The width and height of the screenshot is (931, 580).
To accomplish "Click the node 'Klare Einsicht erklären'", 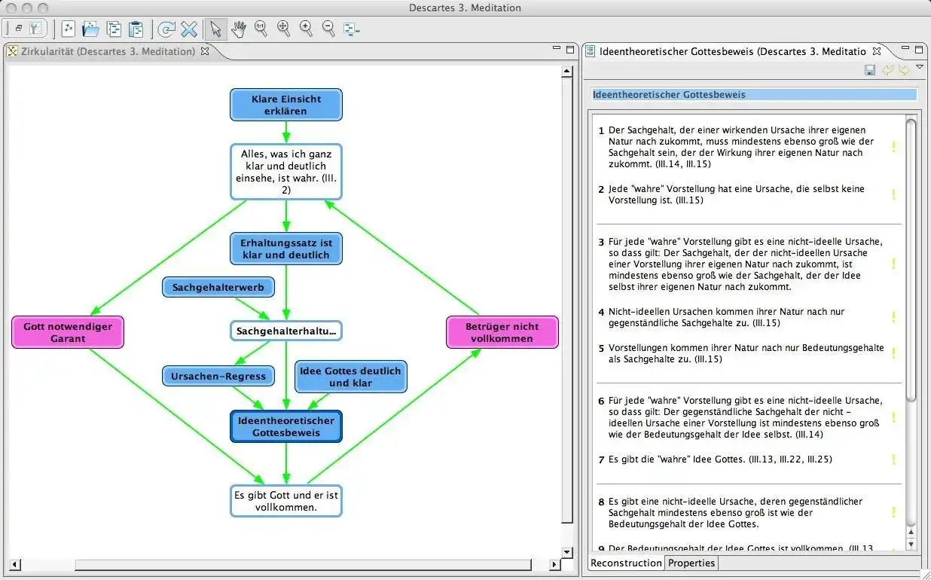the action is point(286,105).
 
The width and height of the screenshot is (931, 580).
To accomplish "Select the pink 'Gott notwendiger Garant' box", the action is point(68,332).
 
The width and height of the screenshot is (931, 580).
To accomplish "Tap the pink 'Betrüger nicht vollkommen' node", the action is point(502,332).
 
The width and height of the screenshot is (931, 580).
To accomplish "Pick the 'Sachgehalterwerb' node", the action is point(218,287).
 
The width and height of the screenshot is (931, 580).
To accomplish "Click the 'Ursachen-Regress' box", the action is point(218,376).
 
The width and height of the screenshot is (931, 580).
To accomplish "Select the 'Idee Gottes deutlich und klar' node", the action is point(351,377).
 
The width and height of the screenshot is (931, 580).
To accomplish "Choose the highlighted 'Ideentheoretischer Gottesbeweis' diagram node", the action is point(286,426).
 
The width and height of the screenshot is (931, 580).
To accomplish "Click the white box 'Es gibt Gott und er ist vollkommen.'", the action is point(286,501).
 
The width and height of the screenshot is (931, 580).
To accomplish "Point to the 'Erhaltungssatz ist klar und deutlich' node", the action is point(286,249).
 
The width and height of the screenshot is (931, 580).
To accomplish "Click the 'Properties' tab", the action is point(691,563).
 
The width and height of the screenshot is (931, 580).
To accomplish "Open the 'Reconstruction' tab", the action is point(626,563).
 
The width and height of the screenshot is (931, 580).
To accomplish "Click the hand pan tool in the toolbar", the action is point(239,29).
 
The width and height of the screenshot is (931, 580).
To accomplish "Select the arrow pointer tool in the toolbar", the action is point(215,29).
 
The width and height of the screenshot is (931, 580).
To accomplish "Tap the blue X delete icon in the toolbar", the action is point(189,29).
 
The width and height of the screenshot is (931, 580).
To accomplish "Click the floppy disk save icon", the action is point(869,70).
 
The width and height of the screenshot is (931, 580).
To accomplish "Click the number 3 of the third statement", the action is point(601,242).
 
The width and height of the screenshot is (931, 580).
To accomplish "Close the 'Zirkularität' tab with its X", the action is point(205,51).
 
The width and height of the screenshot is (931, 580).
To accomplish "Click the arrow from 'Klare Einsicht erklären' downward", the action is point(286,133).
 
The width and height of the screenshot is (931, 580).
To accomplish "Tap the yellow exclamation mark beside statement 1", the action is point(893,147).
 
